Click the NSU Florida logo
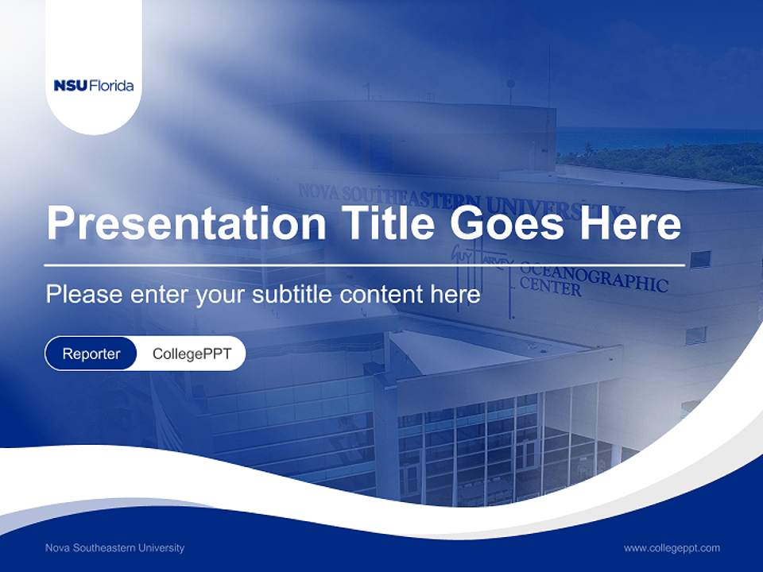94,86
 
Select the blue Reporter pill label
91,354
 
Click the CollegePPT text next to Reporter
192,354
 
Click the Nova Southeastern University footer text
114,547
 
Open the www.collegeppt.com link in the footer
672,547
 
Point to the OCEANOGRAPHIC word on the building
593,278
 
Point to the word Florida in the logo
112,86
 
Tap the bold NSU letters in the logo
71,86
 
